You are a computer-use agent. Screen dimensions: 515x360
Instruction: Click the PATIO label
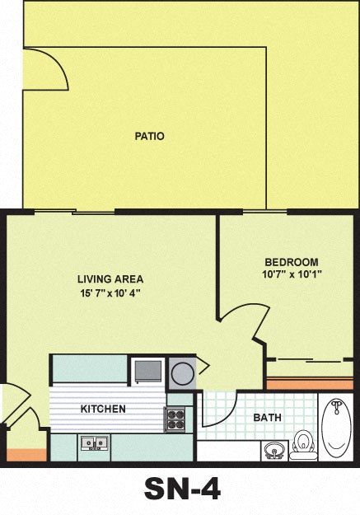pos(149,136)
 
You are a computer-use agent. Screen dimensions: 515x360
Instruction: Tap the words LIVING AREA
pos(110,279)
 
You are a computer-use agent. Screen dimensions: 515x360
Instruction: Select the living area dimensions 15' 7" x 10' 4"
pos(110,293)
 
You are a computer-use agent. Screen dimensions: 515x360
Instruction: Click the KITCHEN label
pos(103,409)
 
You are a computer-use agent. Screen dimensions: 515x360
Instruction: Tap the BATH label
pos(267,418)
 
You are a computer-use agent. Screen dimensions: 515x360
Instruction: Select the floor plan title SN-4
pos(181,490)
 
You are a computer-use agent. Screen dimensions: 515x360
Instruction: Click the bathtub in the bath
pos(336,428)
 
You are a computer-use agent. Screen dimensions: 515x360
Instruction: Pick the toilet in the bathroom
pos(304,443)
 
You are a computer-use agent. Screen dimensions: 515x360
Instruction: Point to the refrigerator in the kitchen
pos(147,370)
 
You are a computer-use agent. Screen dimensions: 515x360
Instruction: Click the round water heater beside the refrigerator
pos(182,373)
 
